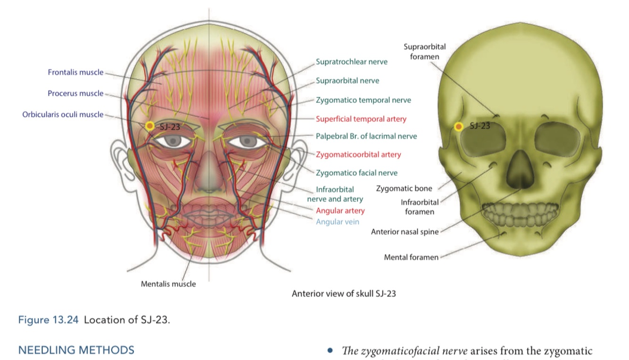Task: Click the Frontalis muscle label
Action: coord(75,73)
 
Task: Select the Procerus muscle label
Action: coord(75,93)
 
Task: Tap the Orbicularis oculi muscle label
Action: coord(63,115)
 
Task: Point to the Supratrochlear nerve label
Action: coord(352,62)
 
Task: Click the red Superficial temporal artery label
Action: coord(361,119)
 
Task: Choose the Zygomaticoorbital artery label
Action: coord(358,154)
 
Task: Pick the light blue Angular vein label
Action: coord(338,222)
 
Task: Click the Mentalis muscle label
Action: coord(168,284)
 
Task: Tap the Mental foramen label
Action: coord(411,257)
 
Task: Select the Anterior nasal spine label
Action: coord(405,232)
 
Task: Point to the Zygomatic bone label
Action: coord(404,189)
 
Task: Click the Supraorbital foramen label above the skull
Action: coord(424,51)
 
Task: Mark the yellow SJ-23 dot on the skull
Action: coord(458,126)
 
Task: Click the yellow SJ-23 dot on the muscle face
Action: coord(150,126)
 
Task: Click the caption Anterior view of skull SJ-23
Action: coord(344,293)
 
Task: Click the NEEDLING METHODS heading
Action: coord(76,350)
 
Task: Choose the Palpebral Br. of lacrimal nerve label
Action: coord(366,136)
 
